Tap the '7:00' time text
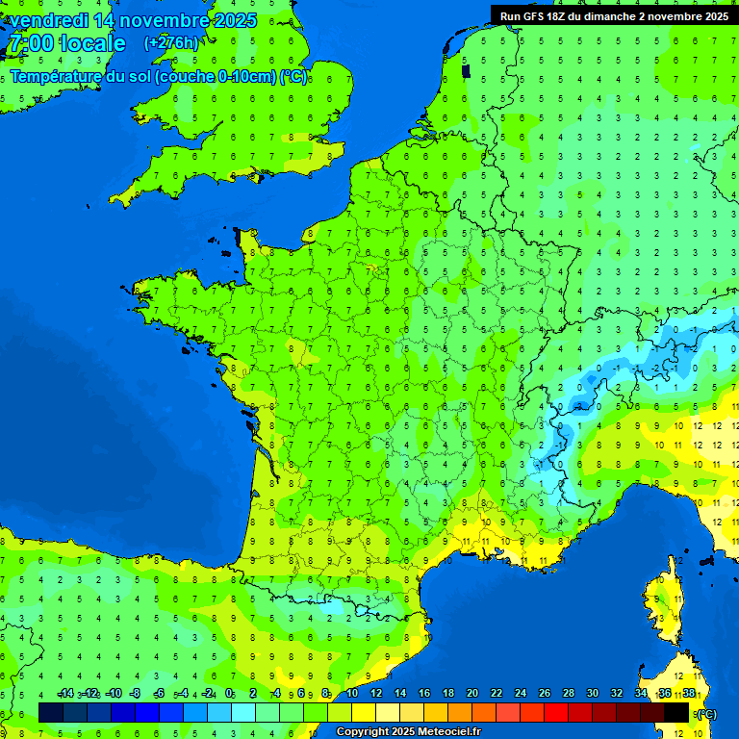(x=29, y=43)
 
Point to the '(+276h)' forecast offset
(x=171, y=42)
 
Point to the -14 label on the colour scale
(x=64, y=693)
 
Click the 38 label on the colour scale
(x=689, y=693)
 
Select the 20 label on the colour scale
(x=472, y=693)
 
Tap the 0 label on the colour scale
(x=229, y=693)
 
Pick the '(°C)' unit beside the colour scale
(x=705, y=713)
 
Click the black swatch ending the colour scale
(x=676, y=712)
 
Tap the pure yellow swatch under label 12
(x=364, y=712)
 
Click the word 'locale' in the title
(x=91, y=43)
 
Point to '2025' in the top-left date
(x=235, y=20)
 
